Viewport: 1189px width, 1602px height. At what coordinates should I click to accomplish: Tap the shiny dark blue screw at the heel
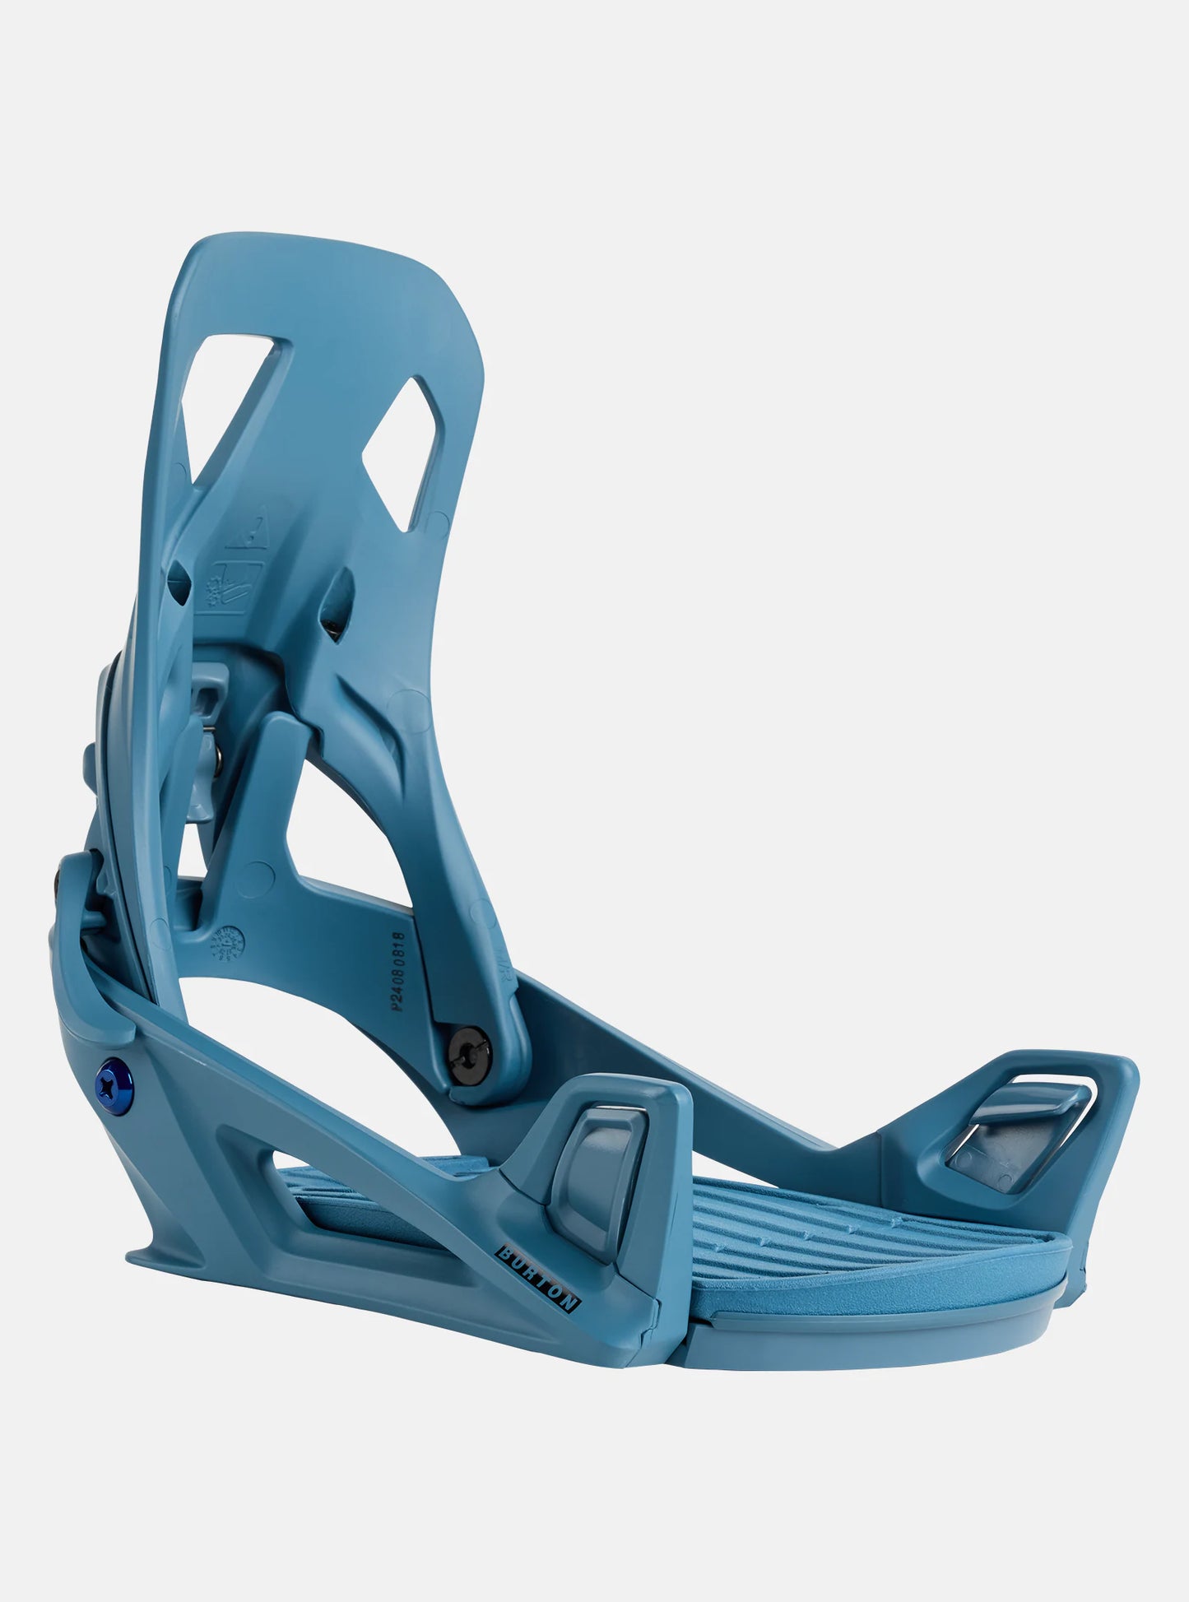click(x=110, y=1079)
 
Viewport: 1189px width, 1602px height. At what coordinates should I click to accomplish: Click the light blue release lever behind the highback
click(x=209, y=724)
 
